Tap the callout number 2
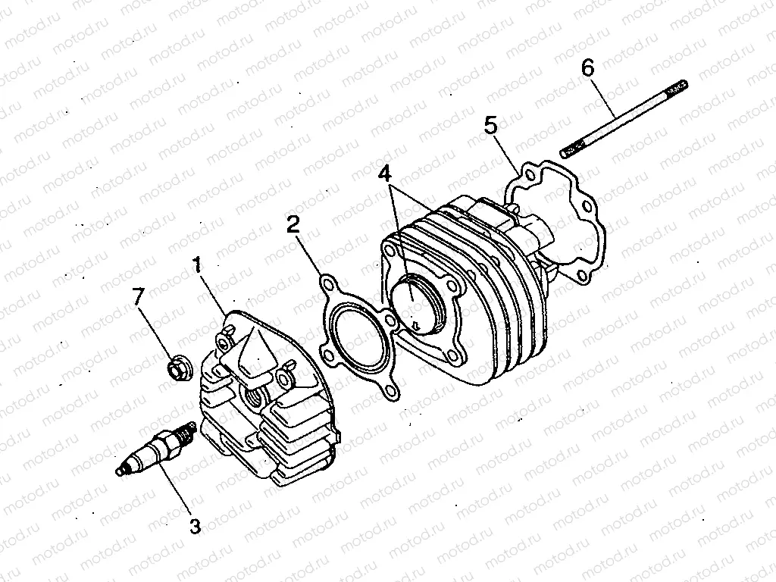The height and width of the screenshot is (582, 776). point(293,224)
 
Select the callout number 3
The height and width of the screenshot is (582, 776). point(195,525)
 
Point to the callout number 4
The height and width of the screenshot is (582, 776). point(388,172)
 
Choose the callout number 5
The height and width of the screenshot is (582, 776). point(492,125)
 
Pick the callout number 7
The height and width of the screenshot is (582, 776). point(137,297)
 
